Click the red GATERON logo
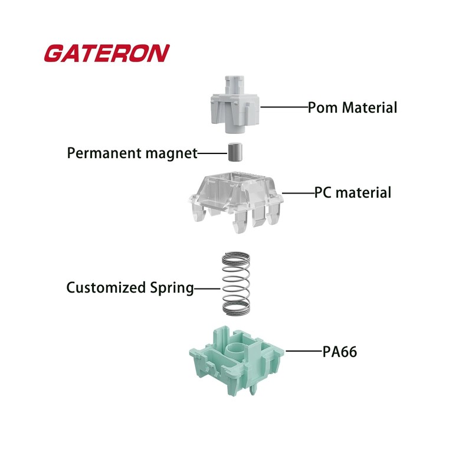tap(106, 53)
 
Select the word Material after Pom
tap(370, 108)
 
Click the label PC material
tap(352, 192)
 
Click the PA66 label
tap(340, 352)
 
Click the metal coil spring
tap(236, 284)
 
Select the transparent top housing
tap(236, 201)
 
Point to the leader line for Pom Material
tap(284, 107)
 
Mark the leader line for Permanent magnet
tap(212, 153)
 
